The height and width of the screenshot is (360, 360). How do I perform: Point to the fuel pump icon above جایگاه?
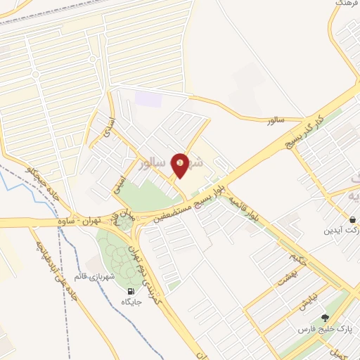click(131, 291)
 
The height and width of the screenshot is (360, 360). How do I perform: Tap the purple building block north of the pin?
click(148, 99)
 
